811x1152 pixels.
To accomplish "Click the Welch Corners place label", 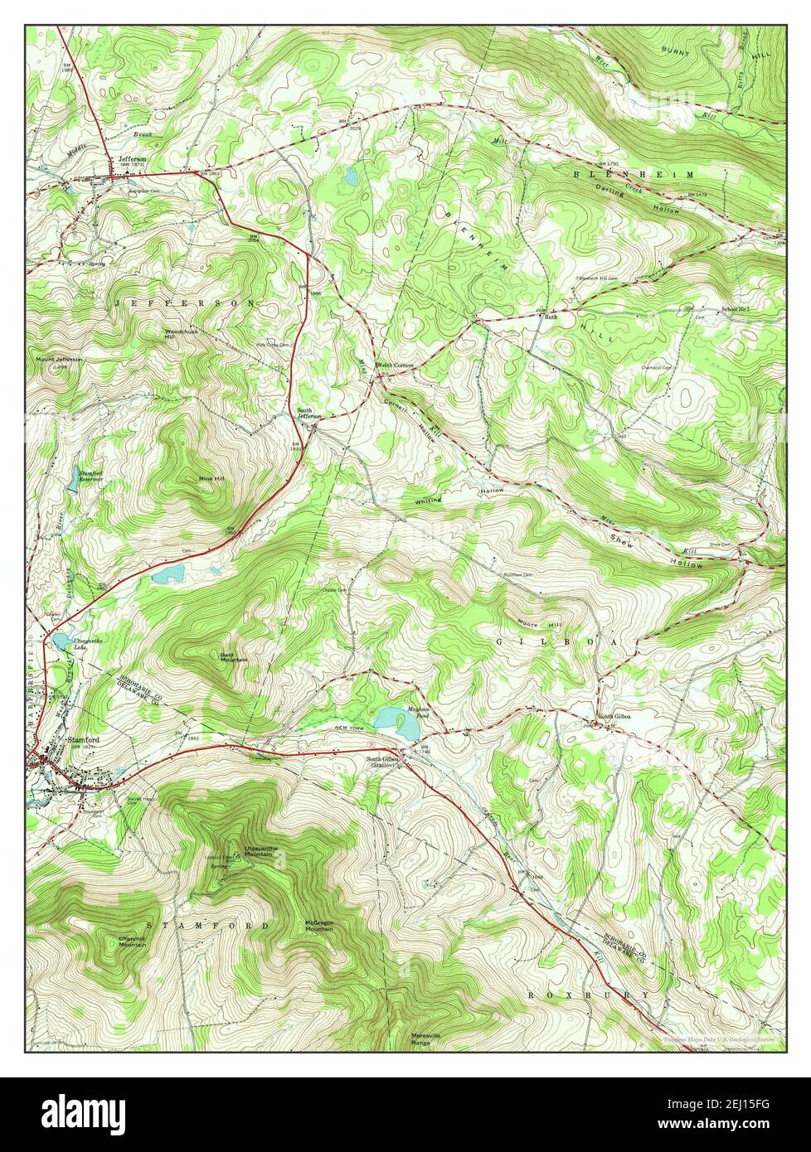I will (x=395, y=365).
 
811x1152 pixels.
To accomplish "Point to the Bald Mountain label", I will (x=233, y=656).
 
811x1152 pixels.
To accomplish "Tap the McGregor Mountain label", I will (x=319, y=926).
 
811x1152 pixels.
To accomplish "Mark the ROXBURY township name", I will (x=590, y=994).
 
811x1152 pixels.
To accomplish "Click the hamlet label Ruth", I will (x=551, y=317).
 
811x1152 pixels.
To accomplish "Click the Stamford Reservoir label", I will (x=90, y=477).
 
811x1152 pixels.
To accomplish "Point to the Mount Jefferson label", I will (x=58, y=361).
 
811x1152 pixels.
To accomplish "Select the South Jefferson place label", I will (x=311, y=414).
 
